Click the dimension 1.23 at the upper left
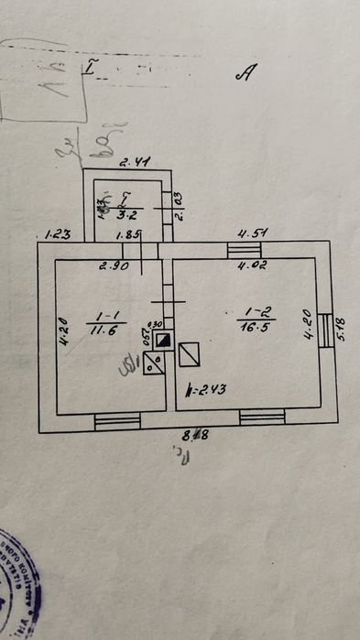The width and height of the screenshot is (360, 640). [57, 234]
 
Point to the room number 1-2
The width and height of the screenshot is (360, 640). [239, 314]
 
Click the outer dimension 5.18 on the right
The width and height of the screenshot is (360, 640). [344, 322]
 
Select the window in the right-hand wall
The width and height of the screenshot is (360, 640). [324, 328]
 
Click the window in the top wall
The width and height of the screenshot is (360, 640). [245, 250]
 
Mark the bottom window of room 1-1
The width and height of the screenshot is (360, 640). [116, 420]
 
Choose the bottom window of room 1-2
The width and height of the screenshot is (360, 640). [262, 418]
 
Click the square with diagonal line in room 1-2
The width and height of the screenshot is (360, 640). [190, 354]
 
